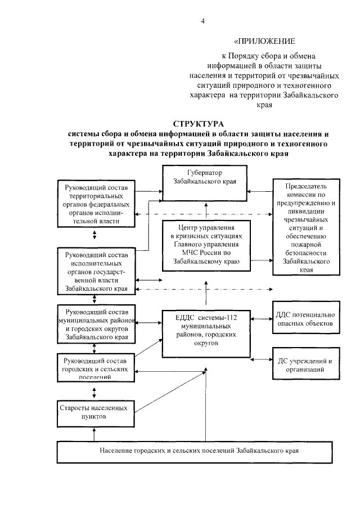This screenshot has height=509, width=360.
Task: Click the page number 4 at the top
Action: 204,21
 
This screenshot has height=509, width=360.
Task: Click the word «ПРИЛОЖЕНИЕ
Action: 264,42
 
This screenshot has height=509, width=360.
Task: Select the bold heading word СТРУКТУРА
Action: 198,124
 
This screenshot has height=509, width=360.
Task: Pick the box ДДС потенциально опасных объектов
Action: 306,319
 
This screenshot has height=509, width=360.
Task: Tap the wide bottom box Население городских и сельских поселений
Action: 199,451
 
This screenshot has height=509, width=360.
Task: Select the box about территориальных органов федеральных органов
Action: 96,203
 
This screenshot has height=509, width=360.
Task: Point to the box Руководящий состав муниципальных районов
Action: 97,325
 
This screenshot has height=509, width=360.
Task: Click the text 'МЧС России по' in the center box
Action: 206,253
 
